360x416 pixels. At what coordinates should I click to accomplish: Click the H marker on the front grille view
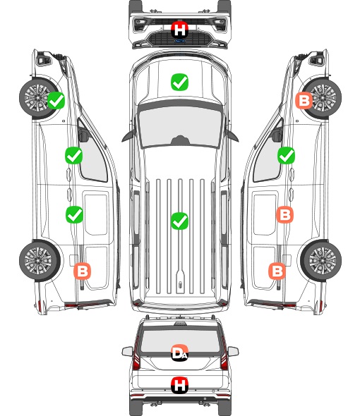pyautogui.click(x=179, y=30)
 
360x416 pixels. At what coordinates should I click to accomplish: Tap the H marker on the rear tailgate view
pyautogui.click(x=179, y=385)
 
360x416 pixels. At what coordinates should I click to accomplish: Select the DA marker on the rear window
pyautogui.click(x=179, y=353)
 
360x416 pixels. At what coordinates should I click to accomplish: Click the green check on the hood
pyautogui.click(x=179, y=82)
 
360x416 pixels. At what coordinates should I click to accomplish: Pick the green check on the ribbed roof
pyautogui.click(x=179, y=221)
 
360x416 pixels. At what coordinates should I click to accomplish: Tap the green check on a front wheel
pyautogui.click(x=56, y=100)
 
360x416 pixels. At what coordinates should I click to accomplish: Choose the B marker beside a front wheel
pyautogui.click(x=304, y=100)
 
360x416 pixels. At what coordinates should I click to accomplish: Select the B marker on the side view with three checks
pyautogui.click(x=83, y=271)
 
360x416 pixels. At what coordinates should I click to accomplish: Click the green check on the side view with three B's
pyautogui.click(x=286, y=155)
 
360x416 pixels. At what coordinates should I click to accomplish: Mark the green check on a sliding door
pyautogui.click(x=74, y=214)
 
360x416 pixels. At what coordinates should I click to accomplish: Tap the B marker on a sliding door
pyautogui.click(x=284, y=214)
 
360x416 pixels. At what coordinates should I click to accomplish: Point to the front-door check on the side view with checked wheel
pyautogui.click(x=74, y=155)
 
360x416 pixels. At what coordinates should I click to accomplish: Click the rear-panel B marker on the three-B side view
pyautogui.click(x=277, y=271)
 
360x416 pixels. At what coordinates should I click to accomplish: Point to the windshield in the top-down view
pyautogui.click(x=180, y=127)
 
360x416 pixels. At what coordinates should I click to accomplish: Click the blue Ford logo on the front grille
pyautogui.click(x=179, y=41)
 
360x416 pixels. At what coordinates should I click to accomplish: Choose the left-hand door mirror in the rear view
pyautogui.click(x=127, y=352)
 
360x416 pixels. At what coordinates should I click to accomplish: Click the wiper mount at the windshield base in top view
pyautogui.click(x=180, y=140)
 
